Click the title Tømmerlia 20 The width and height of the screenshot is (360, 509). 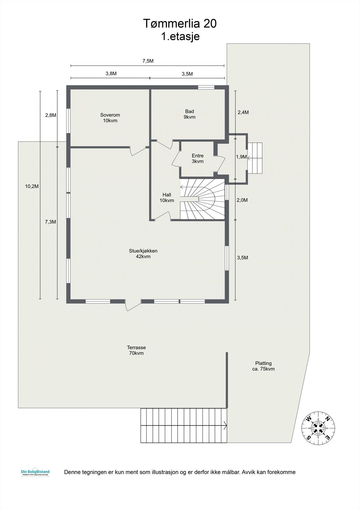point(180,24)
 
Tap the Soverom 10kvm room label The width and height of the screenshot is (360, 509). point(110,118)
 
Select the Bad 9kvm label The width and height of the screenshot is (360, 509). point(189,114)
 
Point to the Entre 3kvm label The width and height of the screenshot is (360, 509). point(197,158)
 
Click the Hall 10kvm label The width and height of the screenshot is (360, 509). point(167,198)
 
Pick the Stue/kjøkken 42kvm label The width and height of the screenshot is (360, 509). point(143,254)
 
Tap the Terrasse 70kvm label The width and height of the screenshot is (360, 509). point(136,350)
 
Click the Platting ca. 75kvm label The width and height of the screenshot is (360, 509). point(263,366)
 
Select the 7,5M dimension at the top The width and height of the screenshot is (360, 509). point(148,61)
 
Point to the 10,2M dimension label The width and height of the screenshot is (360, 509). point(32,186)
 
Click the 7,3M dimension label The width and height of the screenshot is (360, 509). point(50,222)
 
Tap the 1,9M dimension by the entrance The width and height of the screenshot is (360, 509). point(241,157)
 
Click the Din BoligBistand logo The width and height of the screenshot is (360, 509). point(35,473)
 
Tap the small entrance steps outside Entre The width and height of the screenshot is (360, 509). point(256,158)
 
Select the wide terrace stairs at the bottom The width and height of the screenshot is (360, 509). point(184,425)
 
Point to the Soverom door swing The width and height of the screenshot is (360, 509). point(136,151)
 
